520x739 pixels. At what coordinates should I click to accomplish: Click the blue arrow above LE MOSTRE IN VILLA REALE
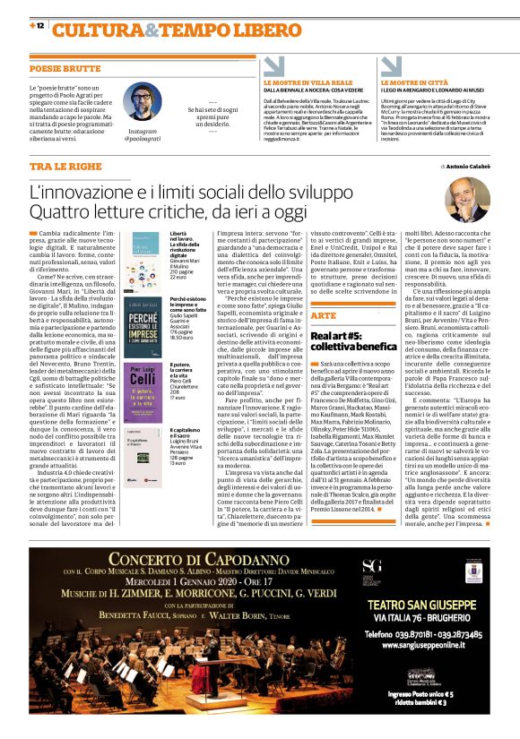pos(276,66)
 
